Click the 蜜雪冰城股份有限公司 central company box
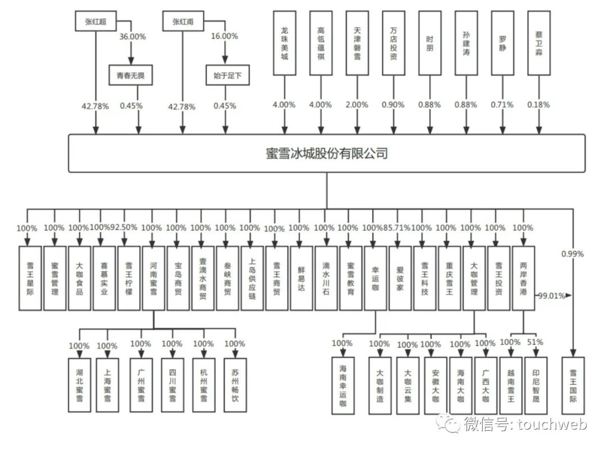pyautogui.click(x=327, y=153)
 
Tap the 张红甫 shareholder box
pyautogui.click(x=182, y=21)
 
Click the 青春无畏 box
pyautogui.click(x=131, y=75)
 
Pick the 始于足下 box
pyautogui.click(x=227, y=75)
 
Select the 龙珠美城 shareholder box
pyautogui.click(x=284, y=43)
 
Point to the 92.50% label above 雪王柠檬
pyautogui.click(x=124, y=228)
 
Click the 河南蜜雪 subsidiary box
pyautogui.click(x=153, y=278)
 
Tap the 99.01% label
pyautogui.click(x=551, y=295)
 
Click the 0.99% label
pyautogui.click(x=572, y=254)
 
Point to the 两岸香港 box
pyautogui.click(x=523, y=278)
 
